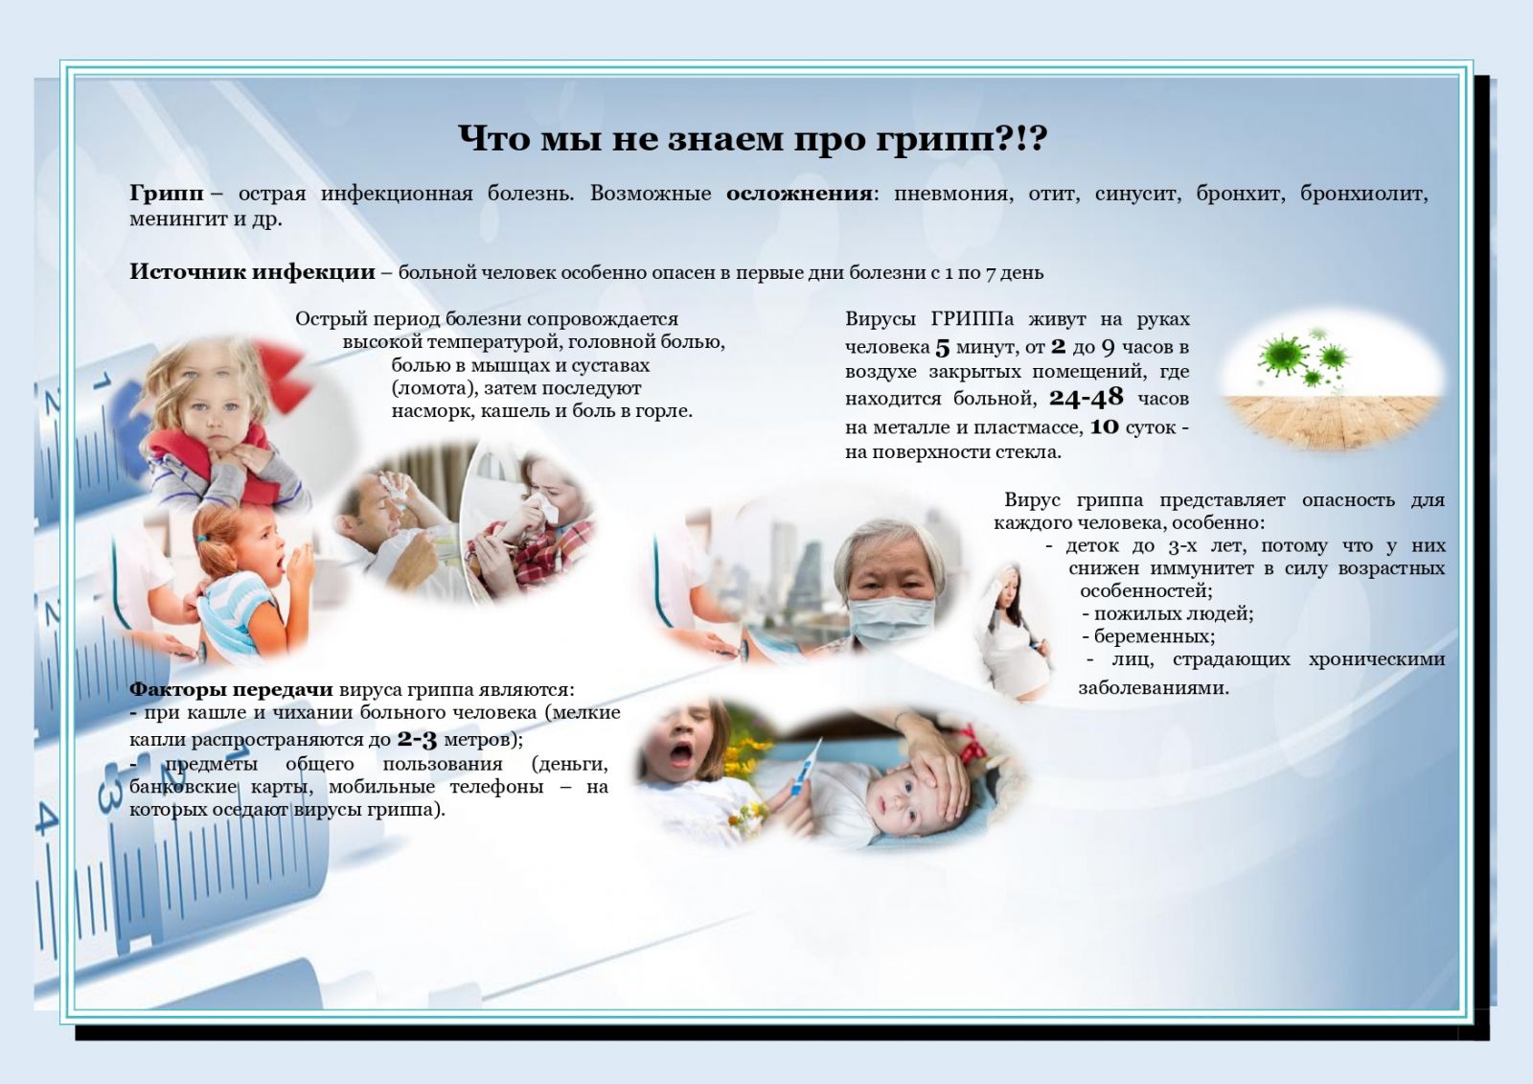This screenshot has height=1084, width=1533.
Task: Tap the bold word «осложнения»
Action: coord(799,194)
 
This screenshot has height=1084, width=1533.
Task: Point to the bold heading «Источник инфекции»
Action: coord(253,272)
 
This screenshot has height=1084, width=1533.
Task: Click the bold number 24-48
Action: coord(1087,397)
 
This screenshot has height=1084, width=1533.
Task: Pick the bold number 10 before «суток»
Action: coord(1104,427)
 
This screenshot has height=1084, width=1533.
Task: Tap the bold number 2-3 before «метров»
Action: coord(417,740)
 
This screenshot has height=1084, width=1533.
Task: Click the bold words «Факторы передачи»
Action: coord(231,689)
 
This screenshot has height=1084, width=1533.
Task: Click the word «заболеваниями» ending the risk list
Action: coord(1154,687)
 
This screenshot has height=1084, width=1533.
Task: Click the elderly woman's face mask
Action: coord(890,621)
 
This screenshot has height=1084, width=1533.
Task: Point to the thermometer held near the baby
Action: coord(805,769)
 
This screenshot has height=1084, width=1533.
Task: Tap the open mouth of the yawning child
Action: coord(681,753)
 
